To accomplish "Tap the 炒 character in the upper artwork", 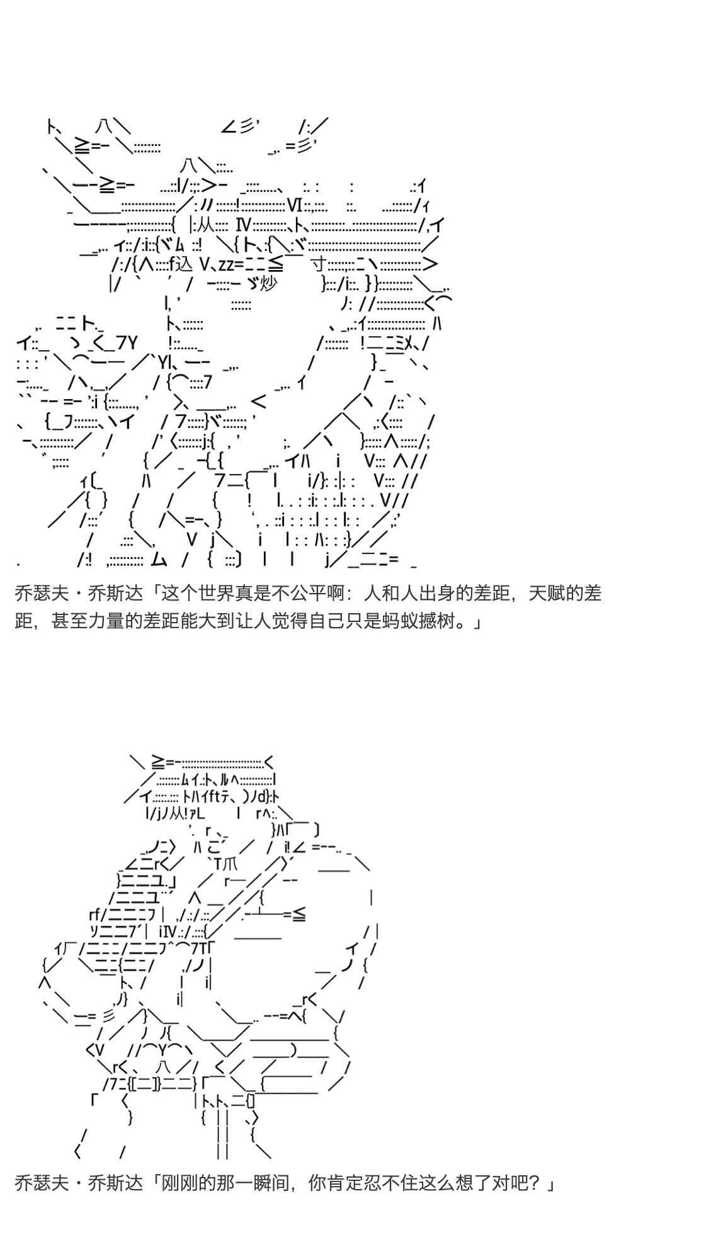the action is (268, 284).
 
